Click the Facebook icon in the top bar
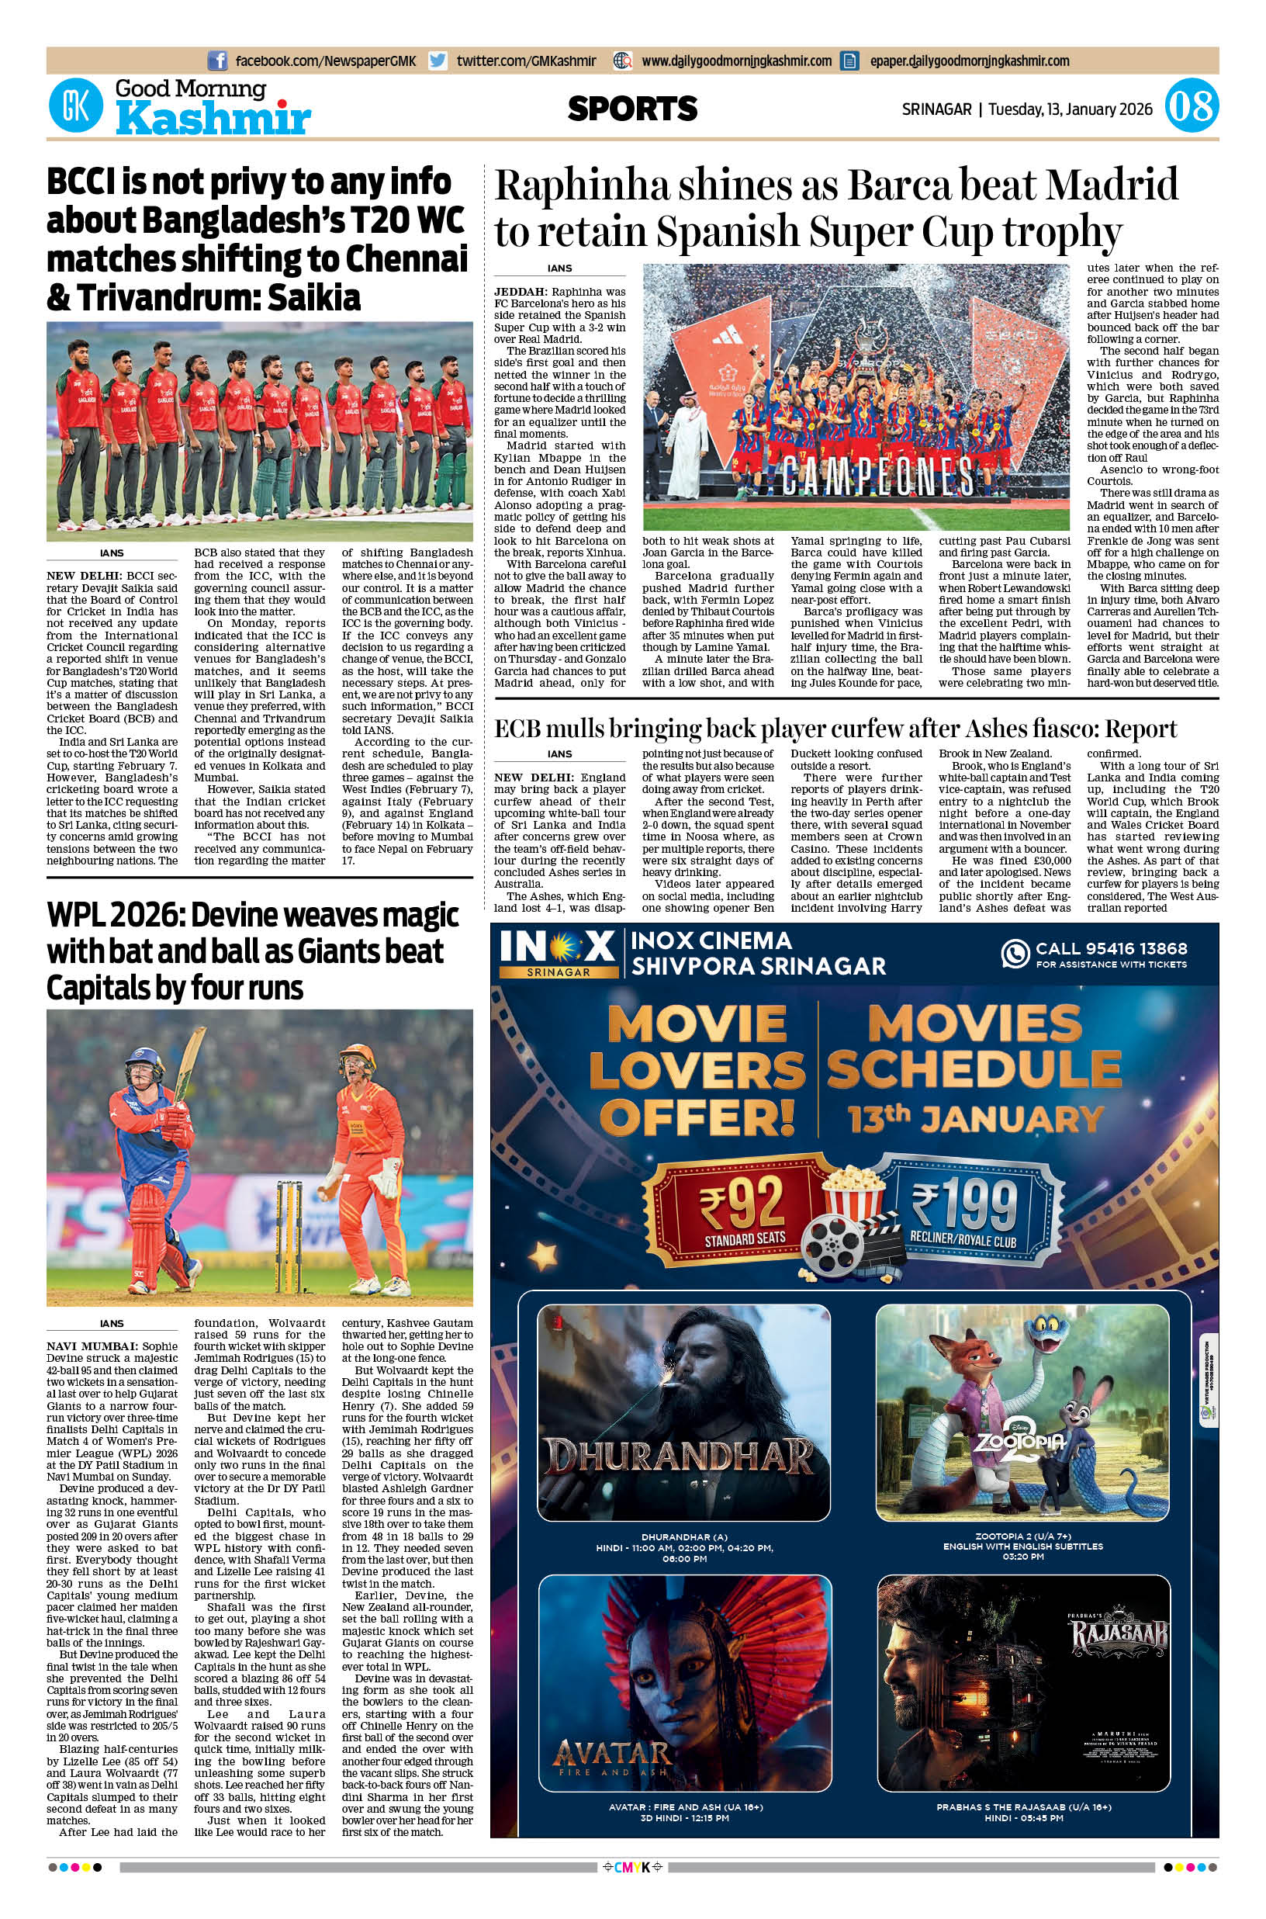coord(217,61)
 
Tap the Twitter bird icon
coord(438,61)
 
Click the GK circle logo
coord(76,107)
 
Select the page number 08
coord(1191,107)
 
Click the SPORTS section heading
coord(632,108)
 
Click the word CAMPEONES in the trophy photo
coord(866,476)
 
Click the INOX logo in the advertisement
coord(558,947)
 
